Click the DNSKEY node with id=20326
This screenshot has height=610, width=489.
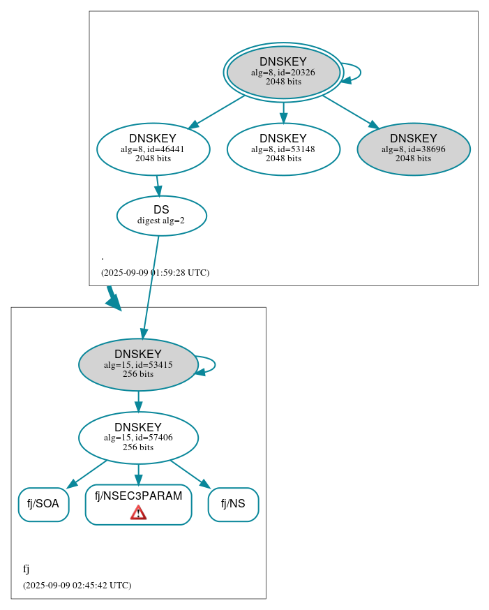[283, 72]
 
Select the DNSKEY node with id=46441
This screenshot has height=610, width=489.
[153, 149]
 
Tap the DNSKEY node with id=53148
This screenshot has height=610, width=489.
[283, 149]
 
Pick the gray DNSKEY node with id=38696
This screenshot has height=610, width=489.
[413, 149]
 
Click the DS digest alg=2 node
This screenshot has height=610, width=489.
[161, 216]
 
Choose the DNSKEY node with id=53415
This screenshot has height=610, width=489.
[138, 364]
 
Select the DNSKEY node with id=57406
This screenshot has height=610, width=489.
[138, 438]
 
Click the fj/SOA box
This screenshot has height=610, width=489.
[43, 504]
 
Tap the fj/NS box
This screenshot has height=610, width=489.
[233, 504]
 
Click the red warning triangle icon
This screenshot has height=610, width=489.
[138, 514]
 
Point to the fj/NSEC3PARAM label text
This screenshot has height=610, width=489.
[138, 496]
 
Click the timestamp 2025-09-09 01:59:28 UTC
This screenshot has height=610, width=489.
[155, 273]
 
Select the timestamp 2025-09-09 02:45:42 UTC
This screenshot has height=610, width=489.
[77, 586]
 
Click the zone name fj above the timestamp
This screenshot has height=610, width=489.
[27, 569]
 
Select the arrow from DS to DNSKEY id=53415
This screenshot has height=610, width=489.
[151, 286]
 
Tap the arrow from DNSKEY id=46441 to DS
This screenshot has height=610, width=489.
[158, 186]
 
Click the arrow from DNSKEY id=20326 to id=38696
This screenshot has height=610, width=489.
[349, 111]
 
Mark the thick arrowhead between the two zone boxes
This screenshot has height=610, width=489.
[113, 301]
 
